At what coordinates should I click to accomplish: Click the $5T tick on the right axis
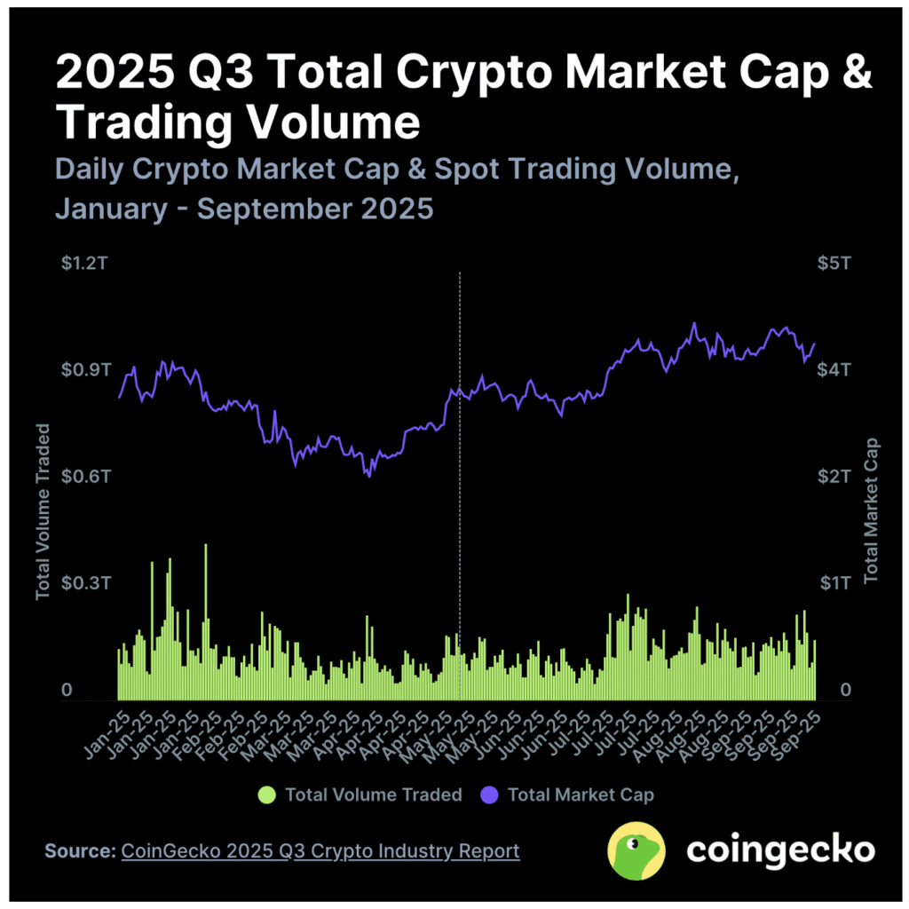tap(834, 264)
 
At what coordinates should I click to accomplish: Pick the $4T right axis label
tap(834, 369)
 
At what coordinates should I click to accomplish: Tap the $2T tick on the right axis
tap(834, 477)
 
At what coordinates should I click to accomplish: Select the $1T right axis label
tap(834, 583)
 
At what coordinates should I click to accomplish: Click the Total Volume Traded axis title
tap(43, 511)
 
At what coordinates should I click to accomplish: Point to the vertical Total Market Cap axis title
tap(871, 511)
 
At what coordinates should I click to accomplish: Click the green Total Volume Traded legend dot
tap(265, 794)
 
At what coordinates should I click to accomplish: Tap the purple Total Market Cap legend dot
tap(489, 794)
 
